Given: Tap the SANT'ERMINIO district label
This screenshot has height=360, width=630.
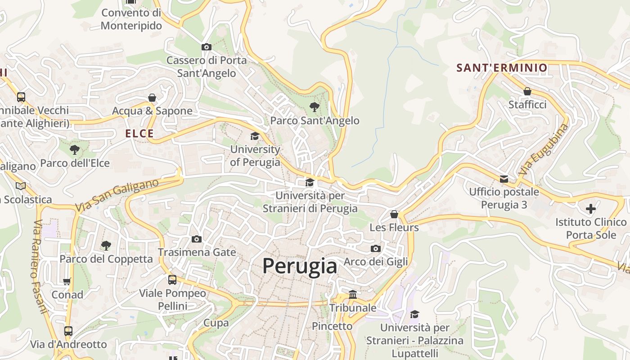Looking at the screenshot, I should point(502,68).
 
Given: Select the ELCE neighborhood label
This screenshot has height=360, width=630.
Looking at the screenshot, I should point(139,133).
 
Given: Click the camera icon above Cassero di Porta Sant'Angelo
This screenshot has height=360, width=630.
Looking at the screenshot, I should point(206,47).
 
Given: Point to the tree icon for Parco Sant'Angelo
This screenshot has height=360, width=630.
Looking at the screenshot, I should point(315,107).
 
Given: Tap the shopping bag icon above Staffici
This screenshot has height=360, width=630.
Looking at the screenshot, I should point(527,91).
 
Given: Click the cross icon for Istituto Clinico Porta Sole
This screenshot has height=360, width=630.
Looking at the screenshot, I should point(591,208).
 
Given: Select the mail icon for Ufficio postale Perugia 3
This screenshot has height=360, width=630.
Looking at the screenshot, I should point(504,179).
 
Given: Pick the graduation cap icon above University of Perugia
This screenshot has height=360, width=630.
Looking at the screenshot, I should point(255,136).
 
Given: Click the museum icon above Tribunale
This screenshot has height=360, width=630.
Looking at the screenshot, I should point(353,295).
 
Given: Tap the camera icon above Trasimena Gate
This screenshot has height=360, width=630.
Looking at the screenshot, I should point(197,239).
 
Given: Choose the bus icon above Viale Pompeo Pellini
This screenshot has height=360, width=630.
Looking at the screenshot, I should point(172,280).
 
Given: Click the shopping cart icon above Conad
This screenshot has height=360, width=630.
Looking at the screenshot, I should point(67,282).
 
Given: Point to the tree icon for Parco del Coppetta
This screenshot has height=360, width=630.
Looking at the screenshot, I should point(106,245).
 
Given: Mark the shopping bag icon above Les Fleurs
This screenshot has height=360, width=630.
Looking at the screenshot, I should point(394,214).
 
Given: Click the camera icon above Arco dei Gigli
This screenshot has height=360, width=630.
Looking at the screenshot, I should point(376,248).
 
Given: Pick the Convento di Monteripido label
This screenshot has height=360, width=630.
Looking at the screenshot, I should point(131,19).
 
